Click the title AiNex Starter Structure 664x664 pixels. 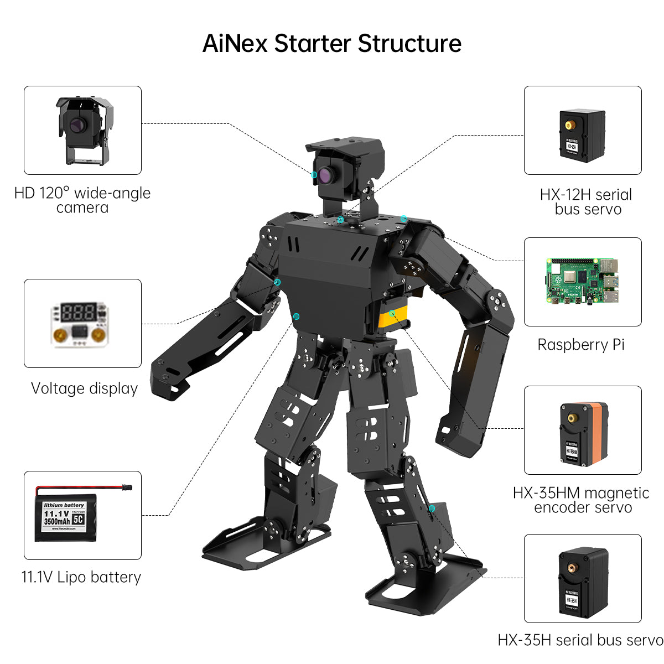tap(332, 43)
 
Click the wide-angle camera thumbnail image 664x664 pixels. tap(82, 131)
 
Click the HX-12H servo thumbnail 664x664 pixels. tap(582, 135)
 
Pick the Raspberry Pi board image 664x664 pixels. tap(582, 281)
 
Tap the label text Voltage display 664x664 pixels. tap(84, 388)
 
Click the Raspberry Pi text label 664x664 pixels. tap(581, 345)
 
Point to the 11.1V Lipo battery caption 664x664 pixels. tap(81, 577)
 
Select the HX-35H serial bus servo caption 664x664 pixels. tap(580, 640)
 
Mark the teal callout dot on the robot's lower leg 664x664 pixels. tap(432, 508)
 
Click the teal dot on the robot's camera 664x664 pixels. tap(314, 175)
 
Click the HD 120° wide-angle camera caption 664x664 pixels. tap(82, 200)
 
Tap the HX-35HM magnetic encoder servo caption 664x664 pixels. tap(581, 500)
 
